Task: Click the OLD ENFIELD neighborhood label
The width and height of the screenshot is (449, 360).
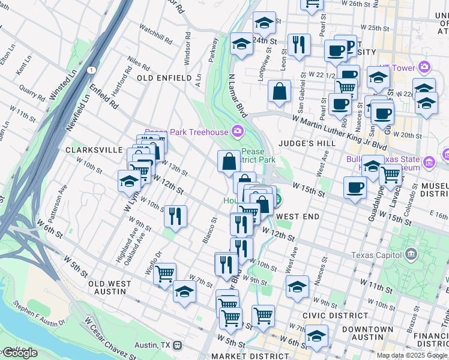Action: tap(163, 78)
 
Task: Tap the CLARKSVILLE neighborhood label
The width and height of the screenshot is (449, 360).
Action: tap(94, 150)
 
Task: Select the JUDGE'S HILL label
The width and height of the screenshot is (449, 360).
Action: tap(307, 143)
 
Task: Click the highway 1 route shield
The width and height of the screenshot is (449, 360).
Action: tap(91, 70)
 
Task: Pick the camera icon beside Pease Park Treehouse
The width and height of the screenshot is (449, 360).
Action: tap(238, 131)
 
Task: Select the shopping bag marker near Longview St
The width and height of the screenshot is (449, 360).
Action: tap(280, 92)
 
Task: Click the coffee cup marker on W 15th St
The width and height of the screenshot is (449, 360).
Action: tap(355, 187)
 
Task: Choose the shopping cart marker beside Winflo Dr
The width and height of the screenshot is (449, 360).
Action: tap(164, 274)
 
